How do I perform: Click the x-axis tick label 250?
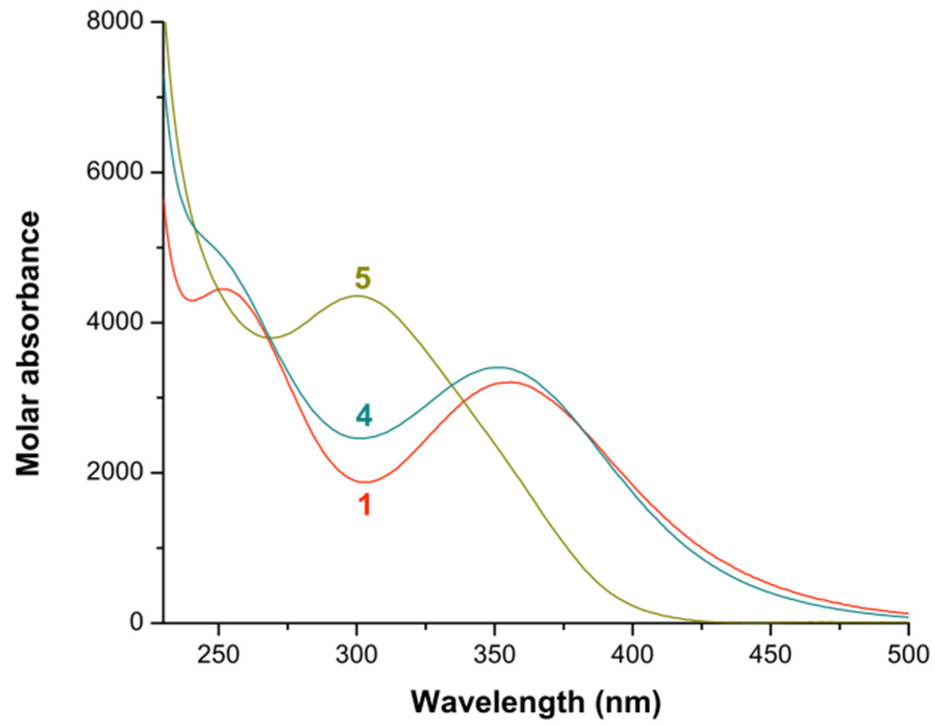[x=218, y=655]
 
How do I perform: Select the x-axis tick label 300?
[x=356, y=655]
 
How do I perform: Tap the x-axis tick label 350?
[x=494, y=655]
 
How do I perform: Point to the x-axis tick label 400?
[x=632, y=655]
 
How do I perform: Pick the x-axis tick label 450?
[x=770, y=655]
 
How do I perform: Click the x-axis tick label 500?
[x=908, y=655]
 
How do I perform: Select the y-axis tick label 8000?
[x=114, y=22]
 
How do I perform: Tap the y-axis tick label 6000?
[x=114, y=172]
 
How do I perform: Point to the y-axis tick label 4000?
[x=114, y=322]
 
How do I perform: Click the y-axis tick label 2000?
[x=114, y=472]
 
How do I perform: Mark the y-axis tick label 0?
[x=137, y=622]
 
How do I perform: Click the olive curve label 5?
[x=363, y=278]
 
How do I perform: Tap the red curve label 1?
[x=365, y=505]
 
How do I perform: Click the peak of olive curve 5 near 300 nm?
[x=357, y=296]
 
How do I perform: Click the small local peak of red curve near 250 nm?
[x=224, y=289]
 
